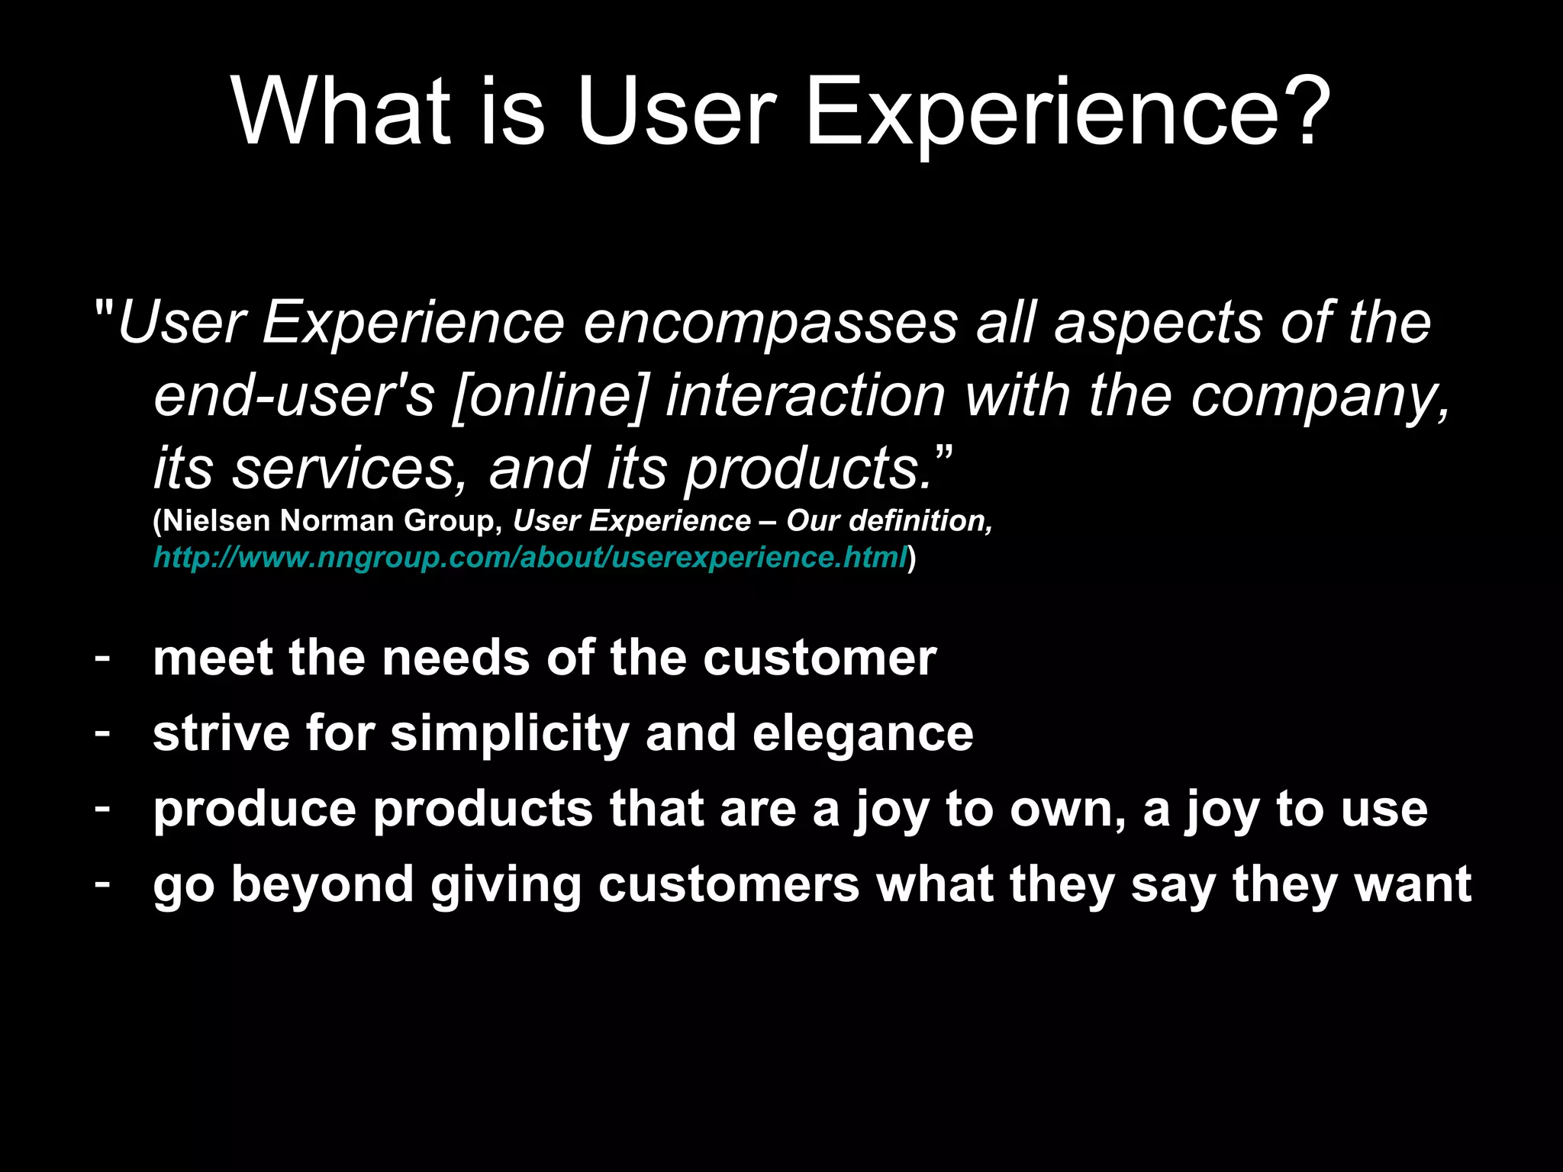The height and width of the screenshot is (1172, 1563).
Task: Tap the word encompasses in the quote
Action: pyautogui.click(x=770, y=324)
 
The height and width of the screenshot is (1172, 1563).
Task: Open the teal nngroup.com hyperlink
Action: pyautogui.click(x=530, y=558)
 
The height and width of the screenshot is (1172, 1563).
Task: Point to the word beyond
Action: pyautogui.click(x=322, y=885)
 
